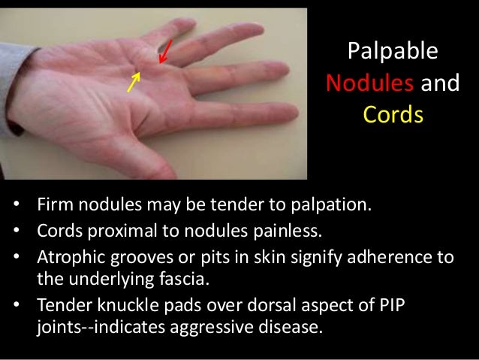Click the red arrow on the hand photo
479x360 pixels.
coord(166,52)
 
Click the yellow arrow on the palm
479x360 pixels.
coord(134,80)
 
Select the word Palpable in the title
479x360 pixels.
coord(393,52)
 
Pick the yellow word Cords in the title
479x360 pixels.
coord(393,116)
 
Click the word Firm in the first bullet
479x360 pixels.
coord(51,204)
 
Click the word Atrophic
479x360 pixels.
coord(68,257)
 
